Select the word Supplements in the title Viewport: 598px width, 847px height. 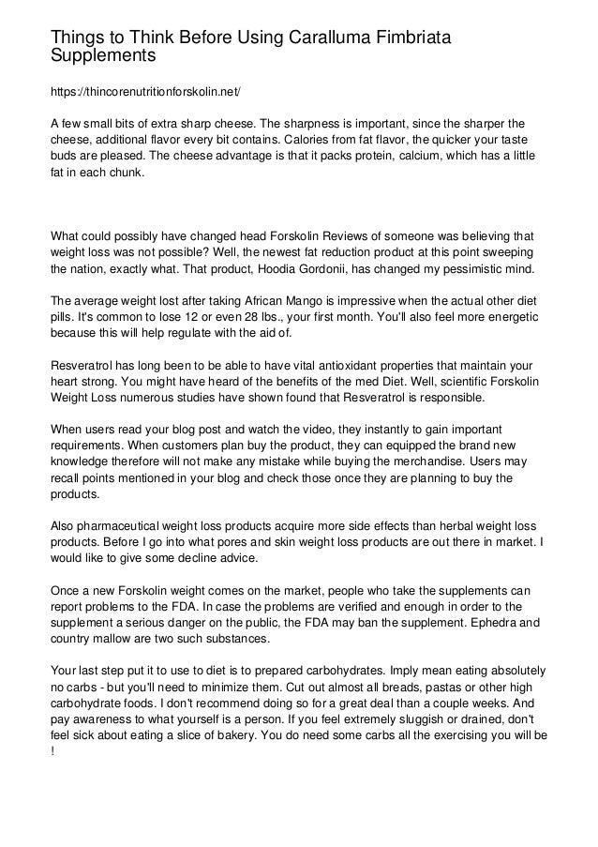103,56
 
